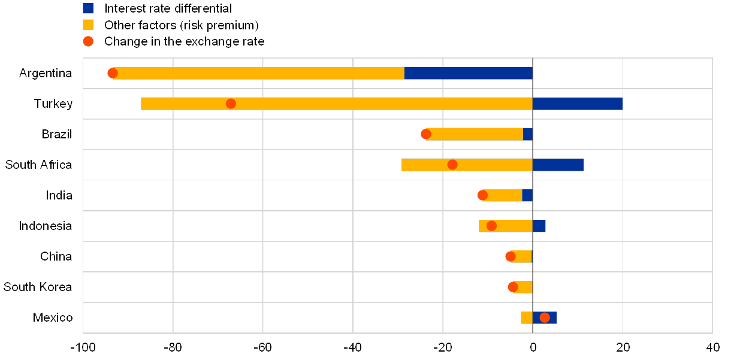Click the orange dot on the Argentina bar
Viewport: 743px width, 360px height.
click(x=113, y=73)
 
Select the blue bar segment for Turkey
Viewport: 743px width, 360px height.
click(x=577, y=104)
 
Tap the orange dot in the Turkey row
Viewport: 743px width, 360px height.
click(x=231, y=104)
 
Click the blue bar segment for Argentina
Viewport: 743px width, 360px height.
click(x=468, y=73)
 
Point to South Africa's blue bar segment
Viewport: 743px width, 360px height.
click(x=558, y=165)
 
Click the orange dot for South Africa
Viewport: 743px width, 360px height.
click(x=452, y=165)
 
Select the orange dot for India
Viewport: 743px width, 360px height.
click(x=482, y=195)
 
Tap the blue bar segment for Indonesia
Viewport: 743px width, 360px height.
click(x=539, y=226)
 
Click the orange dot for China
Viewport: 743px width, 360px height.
click(x=511, y=256)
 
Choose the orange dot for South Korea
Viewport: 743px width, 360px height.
click(x=513, y=287)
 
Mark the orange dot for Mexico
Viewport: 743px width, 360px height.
click(x=545, y=317)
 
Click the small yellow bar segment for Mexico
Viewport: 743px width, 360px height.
click(x=526, y=317)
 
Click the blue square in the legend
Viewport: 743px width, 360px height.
click(x=88, y=8)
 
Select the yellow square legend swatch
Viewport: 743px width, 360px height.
click(x=88, y=25)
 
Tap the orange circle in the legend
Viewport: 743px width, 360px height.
click(x=88, y=41)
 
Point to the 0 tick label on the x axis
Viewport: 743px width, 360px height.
click(x=533, y=347)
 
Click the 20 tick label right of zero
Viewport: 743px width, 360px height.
click(x=623, y=347)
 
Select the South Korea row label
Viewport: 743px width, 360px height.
click(x=38, y=287)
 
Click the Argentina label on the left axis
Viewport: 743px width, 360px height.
click(x=46, y=73)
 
